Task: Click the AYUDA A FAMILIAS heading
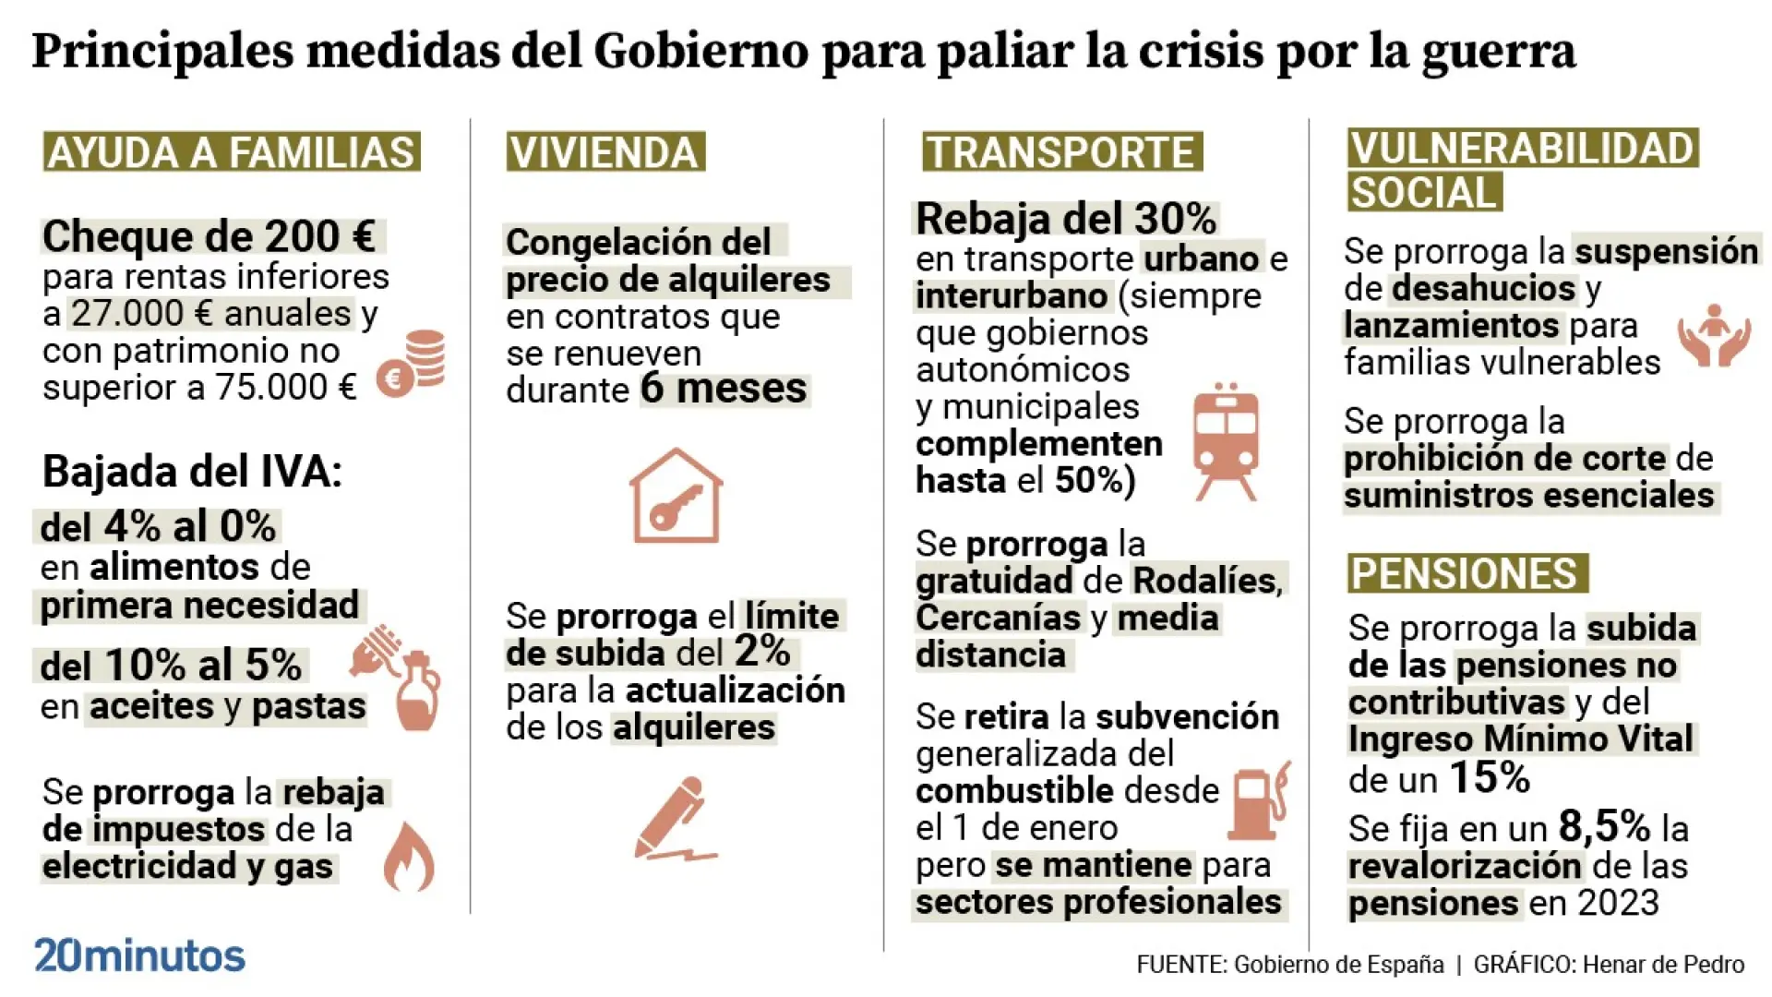point(231,152)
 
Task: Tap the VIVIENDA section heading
point(605,152)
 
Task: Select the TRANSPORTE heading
point(1061,152)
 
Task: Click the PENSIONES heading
point(1466,573)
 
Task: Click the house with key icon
point(676,496)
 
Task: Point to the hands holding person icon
point(1714,335)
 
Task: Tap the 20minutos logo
point(139,955)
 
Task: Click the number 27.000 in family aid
point(132,314)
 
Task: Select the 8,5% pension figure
point(1604,826)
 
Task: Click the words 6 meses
point(724,389)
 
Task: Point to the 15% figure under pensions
point(1489,778)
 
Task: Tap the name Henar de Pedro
point(1663,965)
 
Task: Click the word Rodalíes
point(1207,581)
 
